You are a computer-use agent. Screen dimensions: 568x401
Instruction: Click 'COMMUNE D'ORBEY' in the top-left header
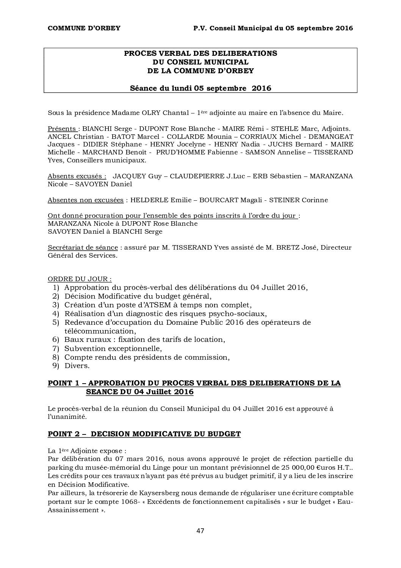point(84,28)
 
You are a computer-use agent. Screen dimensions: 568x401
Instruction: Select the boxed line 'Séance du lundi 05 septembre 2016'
point(200,88)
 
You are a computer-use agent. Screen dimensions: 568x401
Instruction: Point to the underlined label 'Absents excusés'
point(77,176)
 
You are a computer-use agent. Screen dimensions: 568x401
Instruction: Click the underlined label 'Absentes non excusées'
point(85,200)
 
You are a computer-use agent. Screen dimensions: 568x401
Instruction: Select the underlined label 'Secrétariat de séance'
point(83,247)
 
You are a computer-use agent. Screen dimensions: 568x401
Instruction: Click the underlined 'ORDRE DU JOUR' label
point(79,279)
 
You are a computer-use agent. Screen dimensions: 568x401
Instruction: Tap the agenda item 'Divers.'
point(77,366)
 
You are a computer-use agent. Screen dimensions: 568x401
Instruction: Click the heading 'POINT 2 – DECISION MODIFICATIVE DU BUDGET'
point(144,434)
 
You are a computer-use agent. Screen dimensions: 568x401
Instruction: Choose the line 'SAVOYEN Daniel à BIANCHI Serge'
point(105,231)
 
